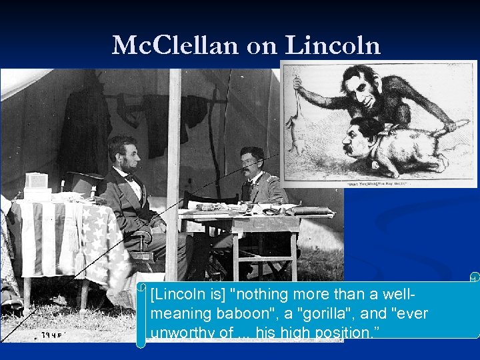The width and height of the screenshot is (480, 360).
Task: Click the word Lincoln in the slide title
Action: tap(333, 45)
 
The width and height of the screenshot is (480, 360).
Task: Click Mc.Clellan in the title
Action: tap(175, 45)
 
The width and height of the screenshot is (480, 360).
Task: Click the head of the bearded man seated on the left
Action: tap(125, 155)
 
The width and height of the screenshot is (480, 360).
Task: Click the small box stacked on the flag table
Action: tap(37, 181)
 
